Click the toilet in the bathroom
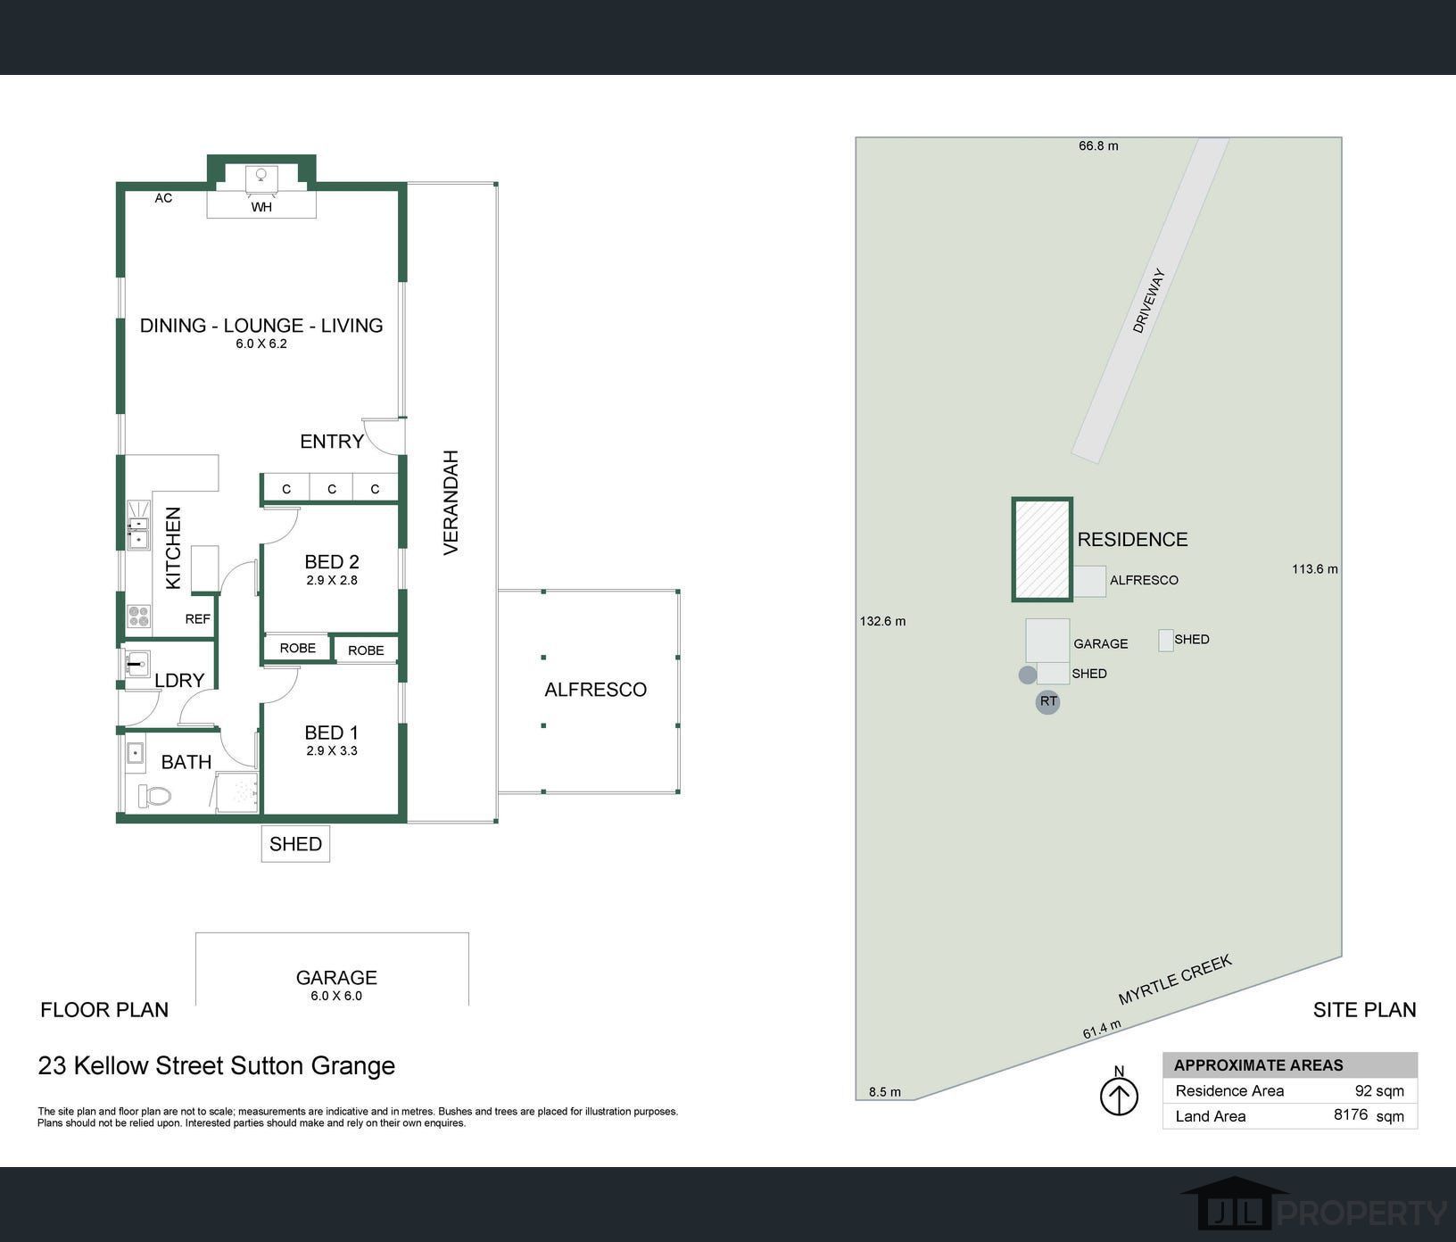click(x=154, y=795)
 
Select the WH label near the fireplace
click(x=261, y=208)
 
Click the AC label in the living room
click(x=163, y=198)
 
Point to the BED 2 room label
click(x=332, y=562)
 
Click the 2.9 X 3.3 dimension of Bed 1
click(x=332, y=751)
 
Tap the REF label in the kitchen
click(x=198, y=619)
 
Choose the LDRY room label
click(x=179, y=681)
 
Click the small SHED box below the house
click(x=295, y=844)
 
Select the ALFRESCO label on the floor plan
click(x=596, y=690)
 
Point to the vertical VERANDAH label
click(x=451, y=503)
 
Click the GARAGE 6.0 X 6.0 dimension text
click(x=336, y=997)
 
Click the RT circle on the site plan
click(x=1048, y=702)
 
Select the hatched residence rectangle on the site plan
click(x=1042, y=550)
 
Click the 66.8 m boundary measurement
click(x=1098, y=146)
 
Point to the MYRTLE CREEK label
click(x=1175, y=980)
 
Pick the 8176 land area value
click(x=1351, y=1114)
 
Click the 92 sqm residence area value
click(x=1379, y=1091)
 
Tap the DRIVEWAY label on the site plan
click(x=1149, y=302)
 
